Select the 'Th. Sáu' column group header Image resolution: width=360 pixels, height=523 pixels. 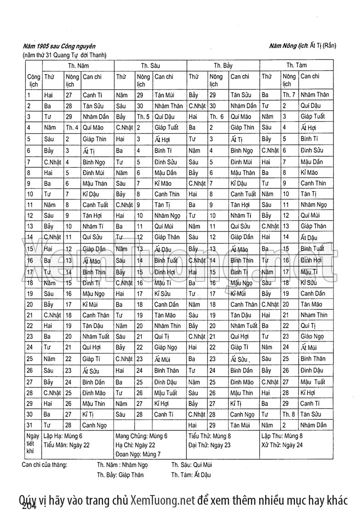click(x=150, y=66)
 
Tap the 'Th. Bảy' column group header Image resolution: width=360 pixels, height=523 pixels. click(x=223, y=66)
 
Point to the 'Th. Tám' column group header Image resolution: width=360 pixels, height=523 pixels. click(x=296, y=65)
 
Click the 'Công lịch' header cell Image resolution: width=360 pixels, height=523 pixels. click(x=33, y=80)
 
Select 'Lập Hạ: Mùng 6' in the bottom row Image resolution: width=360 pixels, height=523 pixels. click(x=63, y=436)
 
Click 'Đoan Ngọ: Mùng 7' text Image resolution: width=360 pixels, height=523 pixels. click(x=138, y=454)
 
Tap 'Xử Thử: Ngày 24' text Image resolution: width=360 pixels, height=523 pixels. click(x=282, y=445)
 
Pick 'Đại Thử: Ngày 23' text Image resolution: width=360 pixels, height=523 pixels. click(x=209, y=445)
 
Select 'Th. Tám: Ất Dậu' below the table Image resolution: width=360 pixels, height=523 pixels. click(x=191, y=474)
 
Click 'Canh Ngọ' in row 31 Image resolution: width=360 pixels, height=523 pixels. click(x=94, y=425)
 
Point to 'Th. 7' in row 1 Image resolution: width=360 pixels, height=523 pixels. click(x=289, y=95)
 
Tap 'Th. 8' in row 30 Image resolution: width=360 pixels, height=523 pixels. click(x=289, y=414)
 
